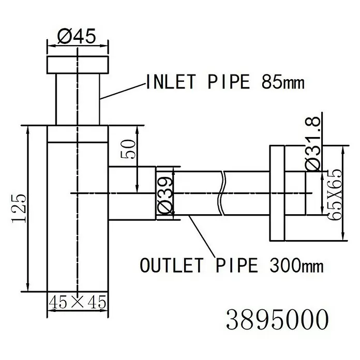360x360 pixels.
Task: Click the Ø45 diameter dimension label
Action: pos(76,37)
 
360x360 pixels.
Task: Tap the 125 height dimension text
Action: pos(19,208)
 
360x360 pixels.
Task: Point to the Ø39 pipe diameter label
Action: pos(164,196)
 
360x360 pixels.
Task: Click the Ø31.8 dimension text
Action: pos(313,144)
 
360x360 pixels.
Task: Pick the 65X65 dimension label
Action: pos(334,194)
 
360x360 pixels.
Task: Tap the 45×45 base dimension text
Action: pos(78,302)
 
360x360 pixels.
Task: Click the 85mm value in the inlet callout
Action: pos(283,82)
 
